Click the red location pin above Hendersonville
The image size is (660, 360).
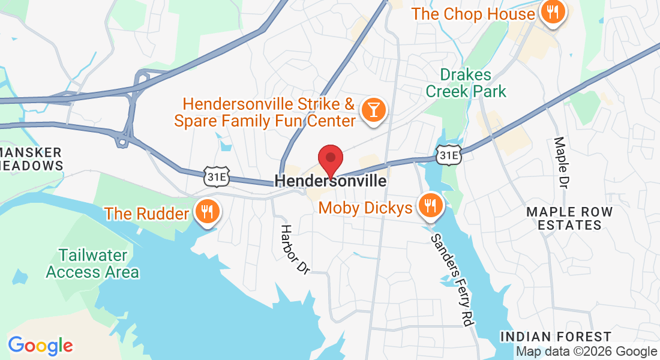(330, 159)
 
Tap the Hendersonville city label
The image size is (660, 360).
(331, 181)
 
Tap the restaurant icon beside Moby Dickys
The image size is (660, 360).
(430, 207)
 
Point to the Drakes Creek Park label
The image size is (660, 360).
(473, 83)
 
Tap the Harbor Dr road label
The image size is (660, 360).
(295, 249)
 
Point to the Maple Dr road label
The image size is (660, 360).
(561, 163)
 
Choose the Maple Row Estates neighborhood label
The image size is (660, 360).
(569, 218)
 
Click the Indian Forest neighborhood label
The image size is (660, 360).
(556, 337)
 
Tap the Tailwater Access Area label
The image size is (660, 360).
(92, 263)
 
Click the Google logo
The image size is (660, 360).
(40, 346)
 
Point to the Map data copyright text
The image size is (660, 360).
(586, 352)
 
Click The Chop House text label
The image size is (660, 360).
(473, 14)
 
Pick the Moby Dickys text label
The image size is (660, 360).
(365, 208)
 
